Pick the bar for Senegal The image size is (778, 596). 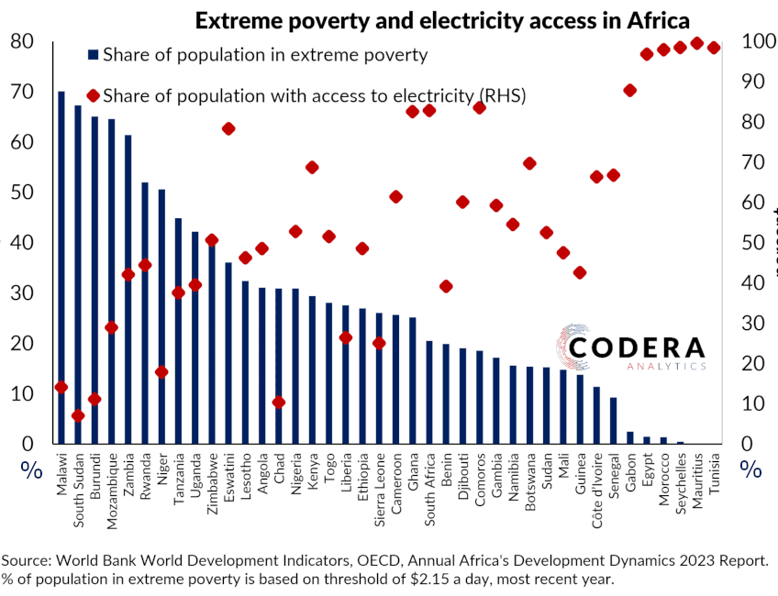[613, 421]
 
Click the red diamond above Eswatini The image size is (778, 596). [228, 128]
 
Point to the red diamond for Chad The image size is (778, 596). [279, 403]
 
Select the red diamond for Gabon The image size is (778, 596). [629, 90]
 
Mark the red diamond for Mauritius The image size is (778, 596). [696, 43]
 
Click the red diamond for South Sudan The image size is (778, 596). [78, 415]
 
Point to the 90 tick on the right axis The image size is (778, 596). [752, 82]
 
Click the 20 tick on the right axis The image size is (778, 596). [752, 364]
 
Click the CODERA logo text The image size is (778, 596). [637, 348]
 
